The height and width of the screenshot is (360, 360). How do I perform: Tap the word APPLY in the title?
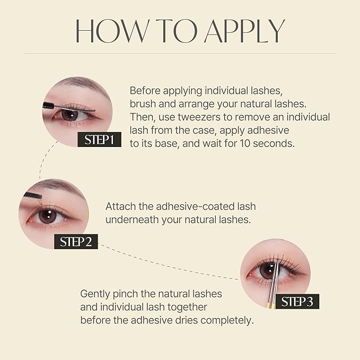point(245,32)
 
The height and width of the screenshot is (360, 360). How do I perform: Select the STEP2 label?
point(76,241)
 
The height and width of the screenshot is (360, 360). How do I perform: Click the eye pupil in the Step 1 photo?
point(68,114)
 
